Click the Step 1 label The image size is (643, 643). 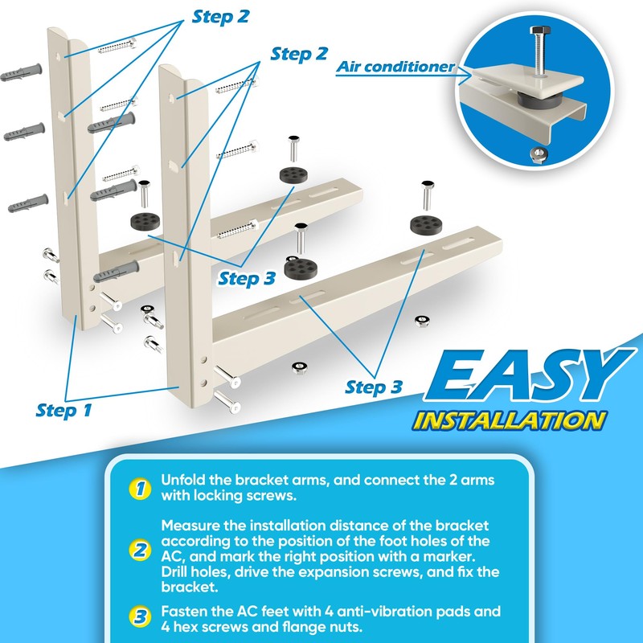(x=64, y=410)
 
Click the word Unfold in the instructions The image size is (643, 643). (x=181, y=479)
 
